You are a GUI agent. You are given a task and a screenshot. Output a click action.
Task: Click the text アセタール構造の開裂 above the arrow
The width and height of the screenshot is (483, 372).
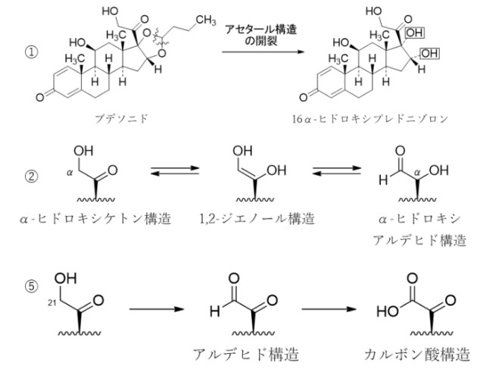tap(260, 36)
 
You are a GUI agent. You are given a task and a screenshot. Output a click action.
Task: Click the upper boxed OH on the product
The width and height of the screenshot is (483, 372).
tap(416, 33)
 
